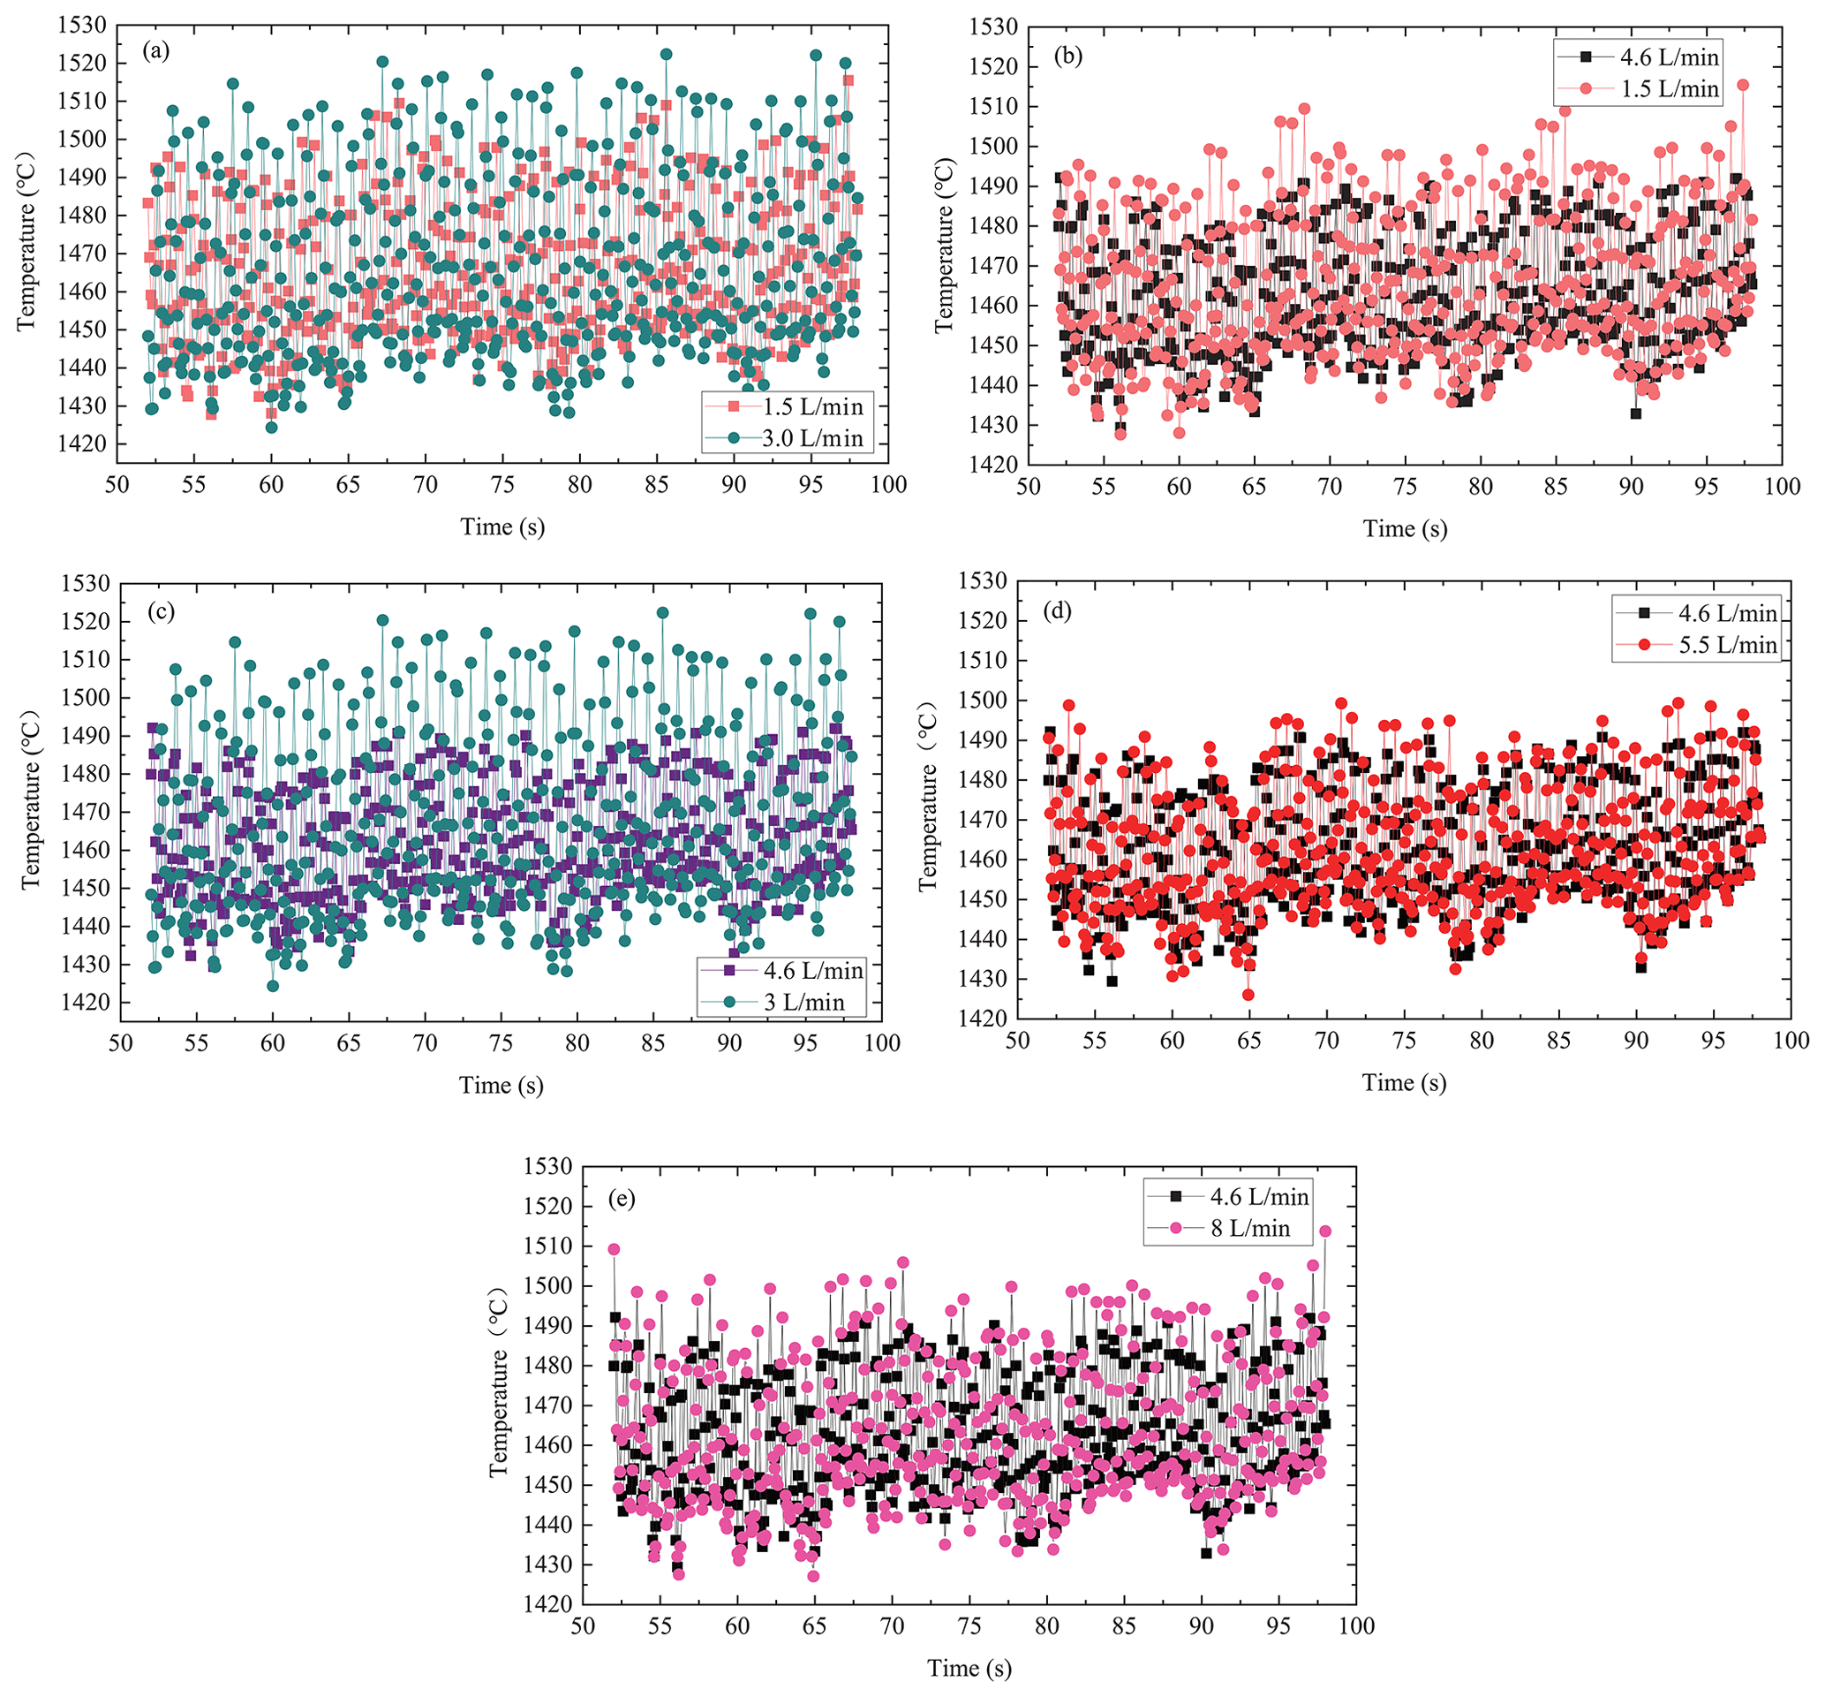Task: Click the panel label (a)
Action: coord(156,51)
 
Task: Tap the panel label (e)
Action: coord(622,1199)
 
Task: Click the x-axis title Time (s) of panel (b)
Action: coord(1405,529)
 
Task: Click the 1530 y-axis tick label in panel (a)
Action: coord(82,25)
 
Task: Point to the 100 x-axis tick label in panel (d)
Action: coord(1790,1041)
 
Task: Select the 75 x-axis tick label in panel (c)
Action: coord(501,1043)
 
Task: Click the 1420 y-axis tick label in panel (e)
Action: coord(547,1603)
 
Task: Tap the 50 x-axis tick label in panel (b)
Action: coord(1029,487)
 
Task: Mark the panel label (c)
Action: coord(162,610)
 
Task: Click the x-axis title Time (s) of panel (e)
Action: coord(969,1668)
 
